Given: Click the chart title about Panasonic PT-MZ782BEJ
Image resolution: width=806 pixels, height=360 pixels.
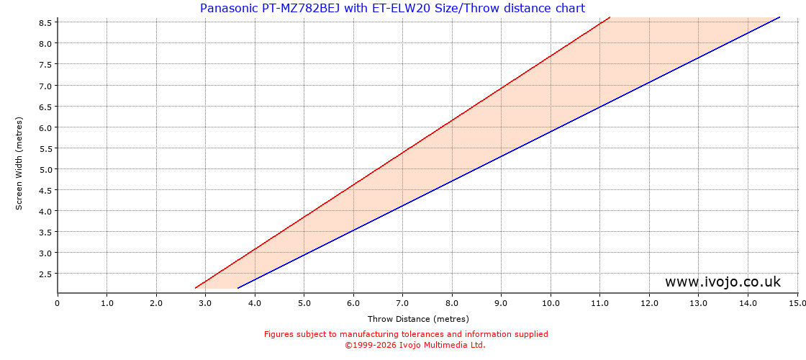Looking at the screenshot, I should [392, 9].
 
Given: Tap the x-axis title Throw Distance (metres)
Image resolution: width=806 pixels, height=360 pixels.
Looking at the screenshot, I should [418, 319].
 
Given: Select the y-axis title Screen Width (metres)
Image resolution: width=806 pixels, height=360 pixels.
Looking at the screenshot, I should [19, 163].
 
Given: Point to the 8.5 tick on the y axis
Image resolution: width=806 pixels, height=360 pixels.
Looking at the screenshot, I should [45, 22].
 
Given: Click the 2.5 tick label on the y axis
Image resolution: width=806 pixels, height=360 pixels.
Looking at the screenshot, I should [45, 274].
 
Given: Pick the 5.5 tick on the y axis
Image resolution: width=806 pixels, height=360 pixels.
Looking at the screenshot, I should [45, 148].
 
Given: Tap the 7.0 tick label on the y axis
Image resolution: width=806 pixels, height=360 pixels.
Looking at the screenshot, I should [45, 86].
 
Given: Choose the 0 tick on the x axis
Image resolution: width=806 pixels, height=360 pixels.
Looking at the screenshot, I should [58, 303].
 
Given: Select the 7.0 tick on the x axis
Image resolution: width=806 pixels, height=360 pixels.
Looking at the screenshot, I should [402, 303].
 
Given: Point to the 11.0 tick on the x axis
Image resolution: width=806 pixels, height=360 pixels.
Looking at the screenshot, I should [599, 303].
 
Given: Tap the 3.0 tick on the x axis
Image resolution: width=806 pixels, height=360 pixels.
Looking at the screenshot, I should [205, 303].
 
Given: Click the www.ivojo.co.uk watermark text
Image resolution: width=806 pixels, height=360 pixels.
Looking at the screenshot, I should [723, 282].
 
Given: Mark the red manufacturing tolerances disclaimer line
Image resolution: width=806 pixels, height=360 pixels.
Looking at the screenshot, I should [406, 334].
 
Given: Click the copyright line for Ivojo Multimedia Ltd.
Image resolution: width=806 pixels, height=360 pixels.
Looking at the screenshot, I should [415, 345].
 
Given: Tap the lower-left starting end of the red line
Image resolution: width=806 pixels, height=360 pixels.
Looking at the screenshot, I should [196, 288].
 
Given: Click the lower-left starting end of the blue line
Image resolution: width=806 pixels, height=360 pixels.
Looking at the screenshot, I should [238, 288].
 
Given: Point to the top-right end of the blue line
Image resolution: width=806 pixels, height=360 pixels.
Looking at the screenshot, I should [779, 17].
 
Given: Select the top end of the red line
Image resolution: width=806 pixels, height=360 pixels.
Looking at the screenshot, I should [610, 17].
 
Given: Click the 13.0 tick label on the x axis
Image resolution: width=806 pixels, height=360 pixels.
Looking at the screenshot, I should [698, 303].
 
